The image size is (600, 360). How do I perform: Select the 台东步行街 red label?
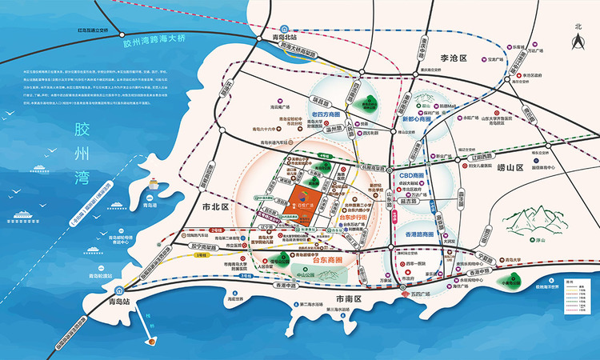[x=353, y=217]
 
